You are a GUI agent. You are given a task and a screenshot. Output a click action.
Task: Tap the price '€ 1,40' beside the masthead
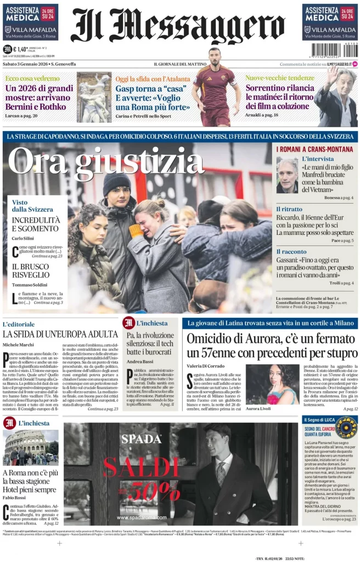(23, 49)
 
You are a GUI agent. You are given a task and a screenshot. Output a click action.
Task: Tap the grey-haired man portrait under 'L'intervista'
(287, 175)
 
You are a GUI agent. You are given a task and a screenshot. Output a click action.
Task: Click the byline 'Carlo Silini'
(24, 238)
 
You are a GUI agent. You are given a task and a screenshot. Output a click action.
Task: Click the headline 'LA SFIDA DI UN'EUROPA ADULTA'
(60, 333)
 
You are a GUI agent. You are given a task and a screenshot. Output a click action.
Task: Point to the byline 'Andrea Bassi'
(139, 362)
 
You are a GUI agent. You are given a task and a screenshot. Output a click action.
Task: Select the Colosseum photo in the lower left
(30, 447)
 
